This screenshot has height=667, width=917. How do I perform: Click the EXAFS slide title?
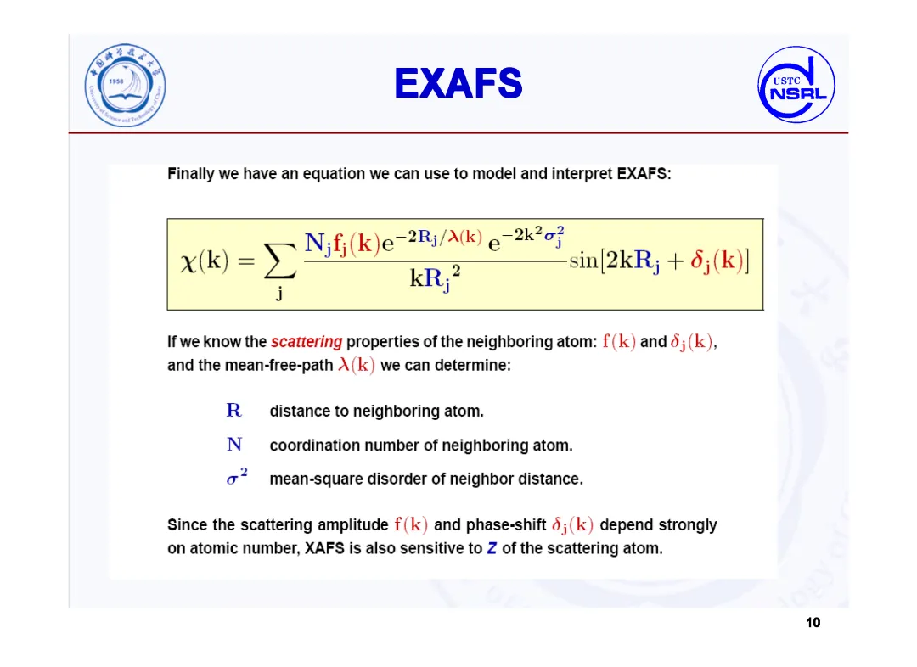[x=458, y=83]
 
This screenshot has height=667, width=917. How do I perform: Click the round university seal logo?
[x=125, y=86]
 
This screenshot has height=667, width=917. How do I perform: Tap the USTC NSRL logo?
[x=796, y=84]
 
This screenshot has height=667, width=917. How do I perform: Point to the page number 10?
[x=813, y=623]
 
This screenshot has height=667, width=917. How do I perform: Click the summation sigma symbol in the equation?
[x=279, y=261]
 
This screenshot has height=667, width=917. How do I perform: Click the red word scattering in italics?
[x=306, y=341]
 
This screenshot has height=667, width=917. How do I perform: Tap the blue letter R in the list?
[x=233, y=411]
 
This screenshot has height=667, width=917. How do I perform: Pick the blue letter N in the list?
[x=234, y=445]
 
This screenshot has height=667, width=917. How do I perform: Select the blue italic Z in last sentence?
[x=492, y=548]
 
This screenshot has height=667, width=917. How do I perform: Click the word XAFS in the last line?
[x=324, y=548]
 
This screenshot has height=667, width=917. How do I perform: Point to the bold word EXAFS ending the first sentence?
[x=644, y=174]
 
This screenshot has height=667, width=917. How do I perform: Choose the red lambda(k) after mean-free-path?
[x=356, y=365]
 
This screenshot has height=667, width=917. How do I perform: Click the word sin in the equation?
[x=583, y=261]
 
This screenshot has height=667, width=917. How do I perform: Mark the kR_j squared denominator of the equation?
[x=435, y=278]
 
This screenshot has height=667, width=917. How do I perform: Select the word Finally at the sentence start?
[x=191, y=174]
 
